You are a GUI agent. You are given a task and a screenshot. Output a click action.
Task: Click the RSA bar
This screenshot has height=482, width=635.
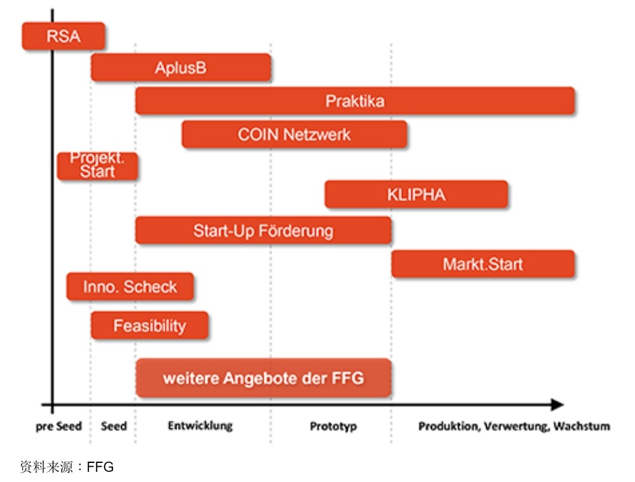tap(63, 36)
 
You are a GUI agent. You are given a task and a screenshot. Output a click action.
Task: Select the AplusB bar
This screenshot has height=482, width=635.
tap(181, 67)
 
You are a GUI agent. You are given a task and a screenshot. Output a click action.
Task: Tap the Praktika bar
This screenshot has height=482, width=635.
tap(355, 101)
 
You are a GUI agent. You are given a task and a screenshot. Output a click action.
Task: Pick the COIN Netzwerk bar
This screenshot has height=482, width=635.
tap(294, 134)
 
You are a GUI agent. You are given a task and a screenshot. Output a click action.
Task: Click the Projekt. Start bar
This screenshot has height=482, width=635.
tap(97, 166)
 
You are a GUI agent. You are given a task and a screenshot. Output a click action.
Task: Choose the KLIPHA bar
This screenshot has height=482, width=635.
tap(416, 195)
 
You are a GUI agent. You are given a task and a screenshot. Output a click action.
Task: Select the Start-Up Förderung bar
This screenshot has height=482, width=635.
tap(263, 230)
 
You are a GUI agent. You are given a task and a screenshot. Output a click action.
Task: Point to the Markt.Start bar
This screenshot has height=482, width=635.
tap(483, 264)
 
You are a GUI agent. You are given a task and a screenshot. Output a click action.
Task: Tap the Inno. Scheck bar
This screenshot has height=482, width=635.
tap(130, 287)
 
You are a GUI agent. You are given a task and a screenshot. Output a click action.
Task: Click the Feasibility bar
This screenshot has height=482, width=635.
tap(150, 326)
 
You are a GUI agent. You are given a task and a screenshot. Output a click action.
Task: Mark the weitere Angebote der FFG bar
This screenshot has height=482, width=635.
tap(264, 378)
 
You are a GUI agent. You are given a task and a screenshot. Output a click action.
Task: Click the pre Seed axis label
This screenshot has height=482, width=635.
tap(58, 426)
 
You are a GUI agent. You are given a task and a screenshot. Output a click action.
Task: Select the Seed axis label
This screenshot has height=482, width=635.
tap(114, 426)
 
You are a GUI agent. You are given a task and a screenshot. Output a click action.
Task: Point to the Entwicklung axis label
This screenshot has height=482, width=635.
tap(200, 425)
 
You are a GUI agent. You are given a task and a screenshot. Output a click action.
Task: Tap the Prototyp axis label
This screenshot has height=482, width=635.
tap(333, 426)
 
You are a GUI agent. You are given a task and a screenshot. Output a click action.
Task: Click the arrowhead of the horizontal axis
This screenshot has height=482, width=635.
tap(557, 404)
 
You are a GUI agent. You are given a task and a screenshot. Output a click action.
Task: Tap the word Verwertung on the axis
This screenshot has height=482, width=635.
tap(516, 426)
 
